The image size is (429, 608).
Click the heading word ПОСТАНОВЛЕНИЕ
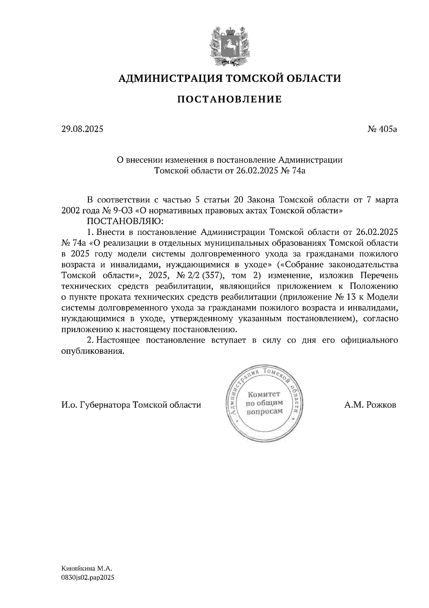(x=230, y=99)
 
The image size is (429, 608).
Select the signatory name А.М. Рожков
(x=370, y=405)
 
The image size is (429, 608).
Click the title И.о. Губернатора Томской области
(x=131, y=405)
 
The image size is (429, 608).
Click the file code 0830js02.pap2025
(x=88, y=577)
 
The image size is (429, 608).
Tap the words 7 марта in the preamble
(x=383, y=199)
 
